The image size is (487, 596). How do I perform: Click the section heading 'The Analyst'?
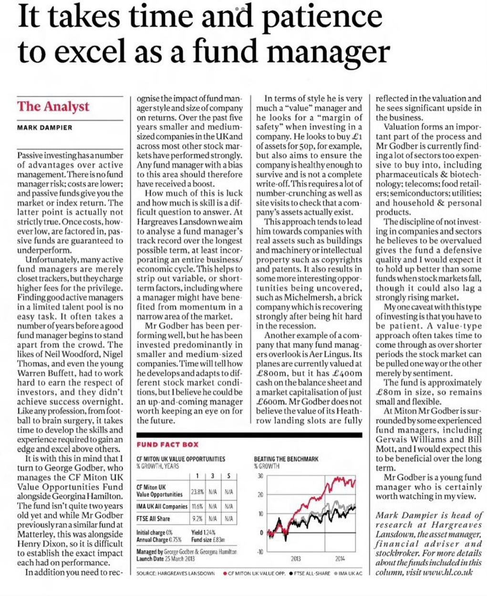pyautogui.click(x=53, y=106)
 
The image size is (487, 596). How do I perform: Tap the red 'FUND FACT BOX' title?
pyautogui.click(x=167, y=444)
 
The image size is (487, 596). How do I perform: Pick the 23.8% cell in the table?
pyautogui.click(x=197, y=491)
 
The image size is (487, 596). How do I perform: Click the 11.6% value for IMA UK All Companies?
pyautogui.click(x=197, y=506)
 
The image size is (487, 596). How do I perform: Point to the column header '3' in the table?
pyautogui.click(x=213, y=476)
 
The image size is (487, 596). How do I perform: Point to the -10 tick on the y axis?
pyautogui.click(x=259, y=552)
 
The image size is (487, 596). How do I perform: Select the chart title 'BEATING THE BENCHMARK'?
pyautogui.click(x=286, y=459)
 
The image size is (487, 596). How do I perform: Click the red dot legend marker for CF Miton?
pyautogui.click(x=225, y=573)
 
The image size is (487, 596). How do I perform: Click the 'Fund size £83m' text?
pyautogui.click(x=208, y=540)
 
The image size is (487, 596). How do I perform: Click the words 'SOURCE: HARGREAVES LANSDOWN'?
pyautogui.click(x=175, y=573)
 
